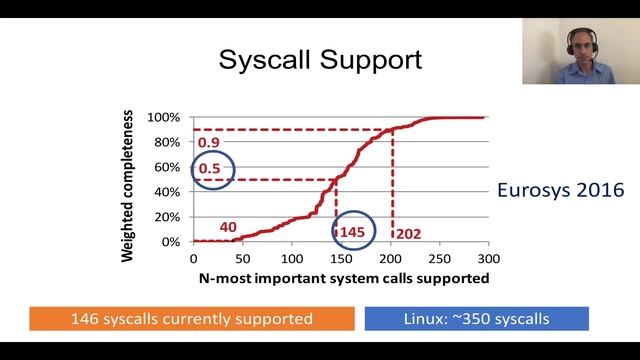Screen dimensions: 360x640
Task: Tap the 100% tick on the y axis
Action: (164, 117)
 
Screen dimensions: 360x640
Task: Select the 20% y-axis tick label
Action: (166, 217)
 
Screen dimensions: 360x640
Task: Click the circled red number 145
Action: (353, 231)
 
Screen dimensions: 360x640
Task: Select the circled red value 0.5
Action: (210, 169)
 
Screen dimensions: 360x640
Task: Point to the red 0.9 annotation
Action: (209, 143)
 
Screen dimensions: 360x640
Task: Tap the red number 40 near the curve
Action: (227, 227)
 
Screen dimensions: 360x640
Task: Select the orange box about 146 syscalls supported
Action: (191, 318)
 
